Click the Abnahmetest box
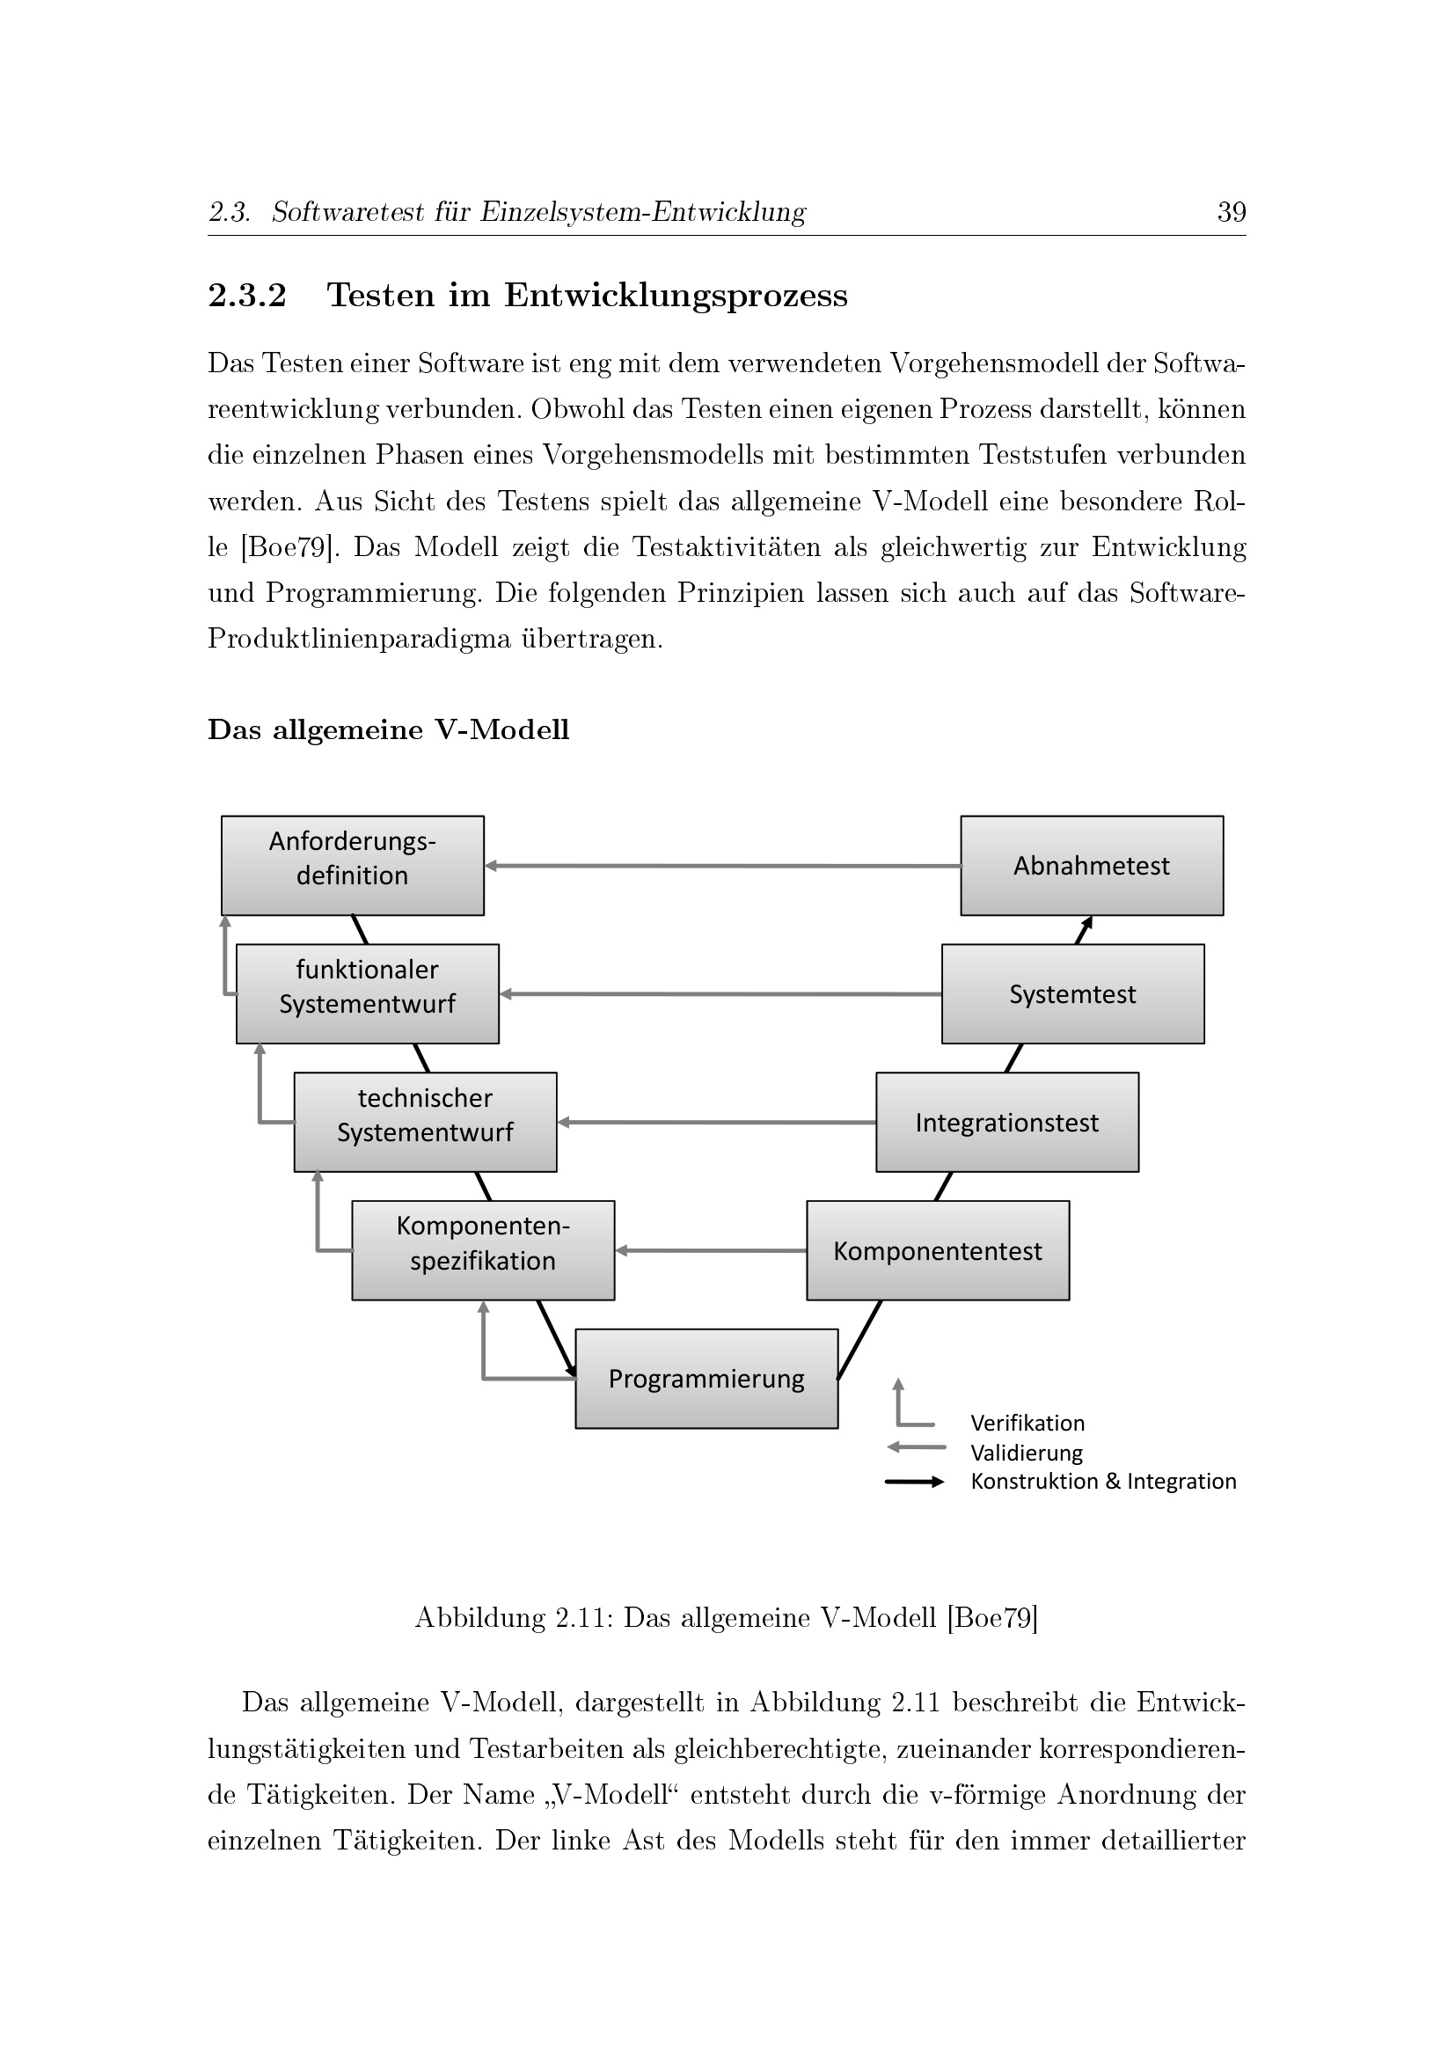[1091, 866]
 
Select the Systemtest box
[1072, 994]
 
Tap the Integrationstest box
[1007, 1122]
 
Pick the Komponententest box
[937, 1250]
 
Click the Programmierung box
[706, 1379]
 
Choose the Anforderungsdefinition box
[352, 866]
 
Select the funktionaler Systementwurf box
[368, 994]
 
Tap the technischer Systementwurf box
[425, 1122]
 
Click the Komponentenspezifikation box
[483, 1250]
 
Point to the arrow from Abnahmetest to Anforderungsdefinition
[722, 866]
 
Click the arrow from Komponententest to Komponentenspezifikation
[711, 1250]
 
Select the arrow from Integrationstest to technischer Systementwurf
[716, 1122]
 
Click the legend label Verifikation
[1027, 1424]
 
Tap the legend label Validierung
[1027, 1453]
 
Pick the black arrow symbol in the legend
[915, 1482]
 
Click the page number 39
[1232, 212]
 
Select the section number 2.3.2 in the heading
[247, 295]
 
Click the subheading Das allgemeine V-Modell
[389, 729]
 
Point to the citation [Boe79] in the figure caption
[992, 1618]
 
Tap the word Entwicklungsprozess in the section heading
[676, 296]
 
